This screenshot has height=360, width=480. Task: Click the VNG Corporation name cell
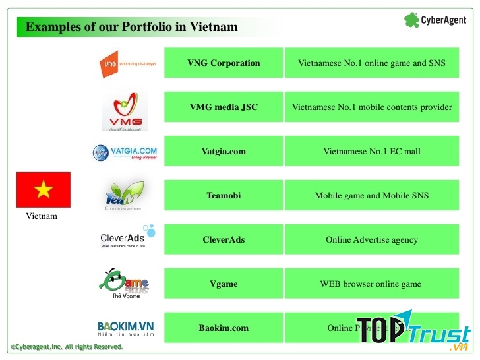point(224,63)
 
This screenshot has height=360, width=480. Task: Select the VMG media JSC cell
point(224,107)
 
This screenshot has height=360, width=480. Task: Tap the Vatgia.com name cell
point(224,152)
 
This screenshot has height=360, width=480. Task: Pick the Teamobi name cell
point(224,196)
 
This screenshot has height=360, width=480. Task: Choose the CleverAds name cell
point(224,240)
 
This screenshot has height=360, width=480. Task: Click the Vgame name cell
point(224,284)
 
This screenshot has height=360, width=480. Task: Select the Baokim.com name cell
point(224,328)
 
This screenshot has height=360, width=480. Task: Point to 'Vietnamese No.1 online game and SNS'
point(372,63)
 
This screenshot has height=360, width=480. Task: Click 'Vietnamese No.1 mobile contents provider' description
point(372,107)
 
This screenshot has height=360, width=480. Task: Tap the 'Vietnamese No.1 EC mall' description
point(372,152)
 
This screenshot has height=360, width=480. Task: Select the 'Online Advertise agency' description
point(372,240)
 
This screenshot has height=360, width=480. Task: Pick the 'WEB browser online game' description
point(372,284)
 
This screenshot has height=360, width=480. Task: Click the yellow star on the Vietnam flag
point(44,191)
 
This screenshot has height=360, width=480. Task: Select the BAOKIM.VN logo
point(125,328)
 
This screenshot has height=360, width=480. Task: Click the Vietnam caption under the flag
point(42,216)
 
